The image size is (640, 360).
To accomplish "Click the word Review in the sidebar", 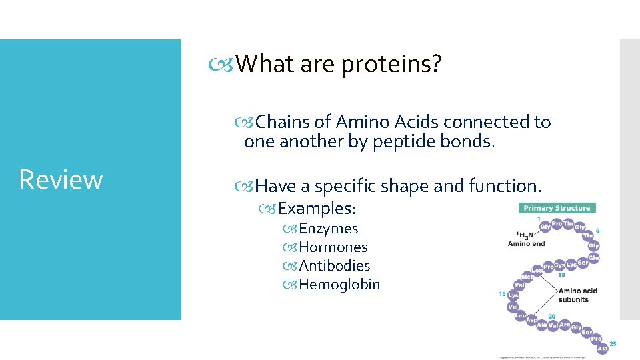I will (x=61, y=179).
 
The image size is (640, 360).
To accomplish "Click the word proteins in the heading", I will (x=391, y=65).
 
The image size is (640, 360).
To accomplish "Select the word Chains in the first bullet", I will (x=283, y=122).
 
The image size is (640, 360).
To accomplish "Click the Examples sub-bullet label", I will (x=317, y=209).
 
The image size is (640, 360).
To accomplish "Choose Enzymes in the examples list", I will (x=329, y=229).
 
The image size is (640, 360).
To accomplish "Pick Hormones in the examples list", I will (x=333, y=247).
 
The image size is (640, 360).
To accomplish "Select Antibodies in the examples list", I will (x=335, y=266).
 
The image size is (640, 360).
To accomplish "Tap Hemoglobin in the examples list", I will (x=339, y=285).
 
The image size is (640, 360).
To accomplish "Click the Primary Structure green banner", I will (x=557, y=208).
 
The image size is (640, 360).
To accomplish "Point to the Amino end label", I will (x=526, y=243).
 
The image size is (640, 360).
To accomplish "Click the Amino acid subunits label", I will (x=577, y=295).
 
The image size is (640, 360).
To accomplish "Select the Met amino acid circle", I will (x=527, y=275).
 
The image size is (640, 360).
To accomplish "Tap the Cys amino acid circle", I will (x=560, y=265).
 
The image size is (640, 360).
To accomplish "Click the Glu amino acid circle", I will (x=593, y=257).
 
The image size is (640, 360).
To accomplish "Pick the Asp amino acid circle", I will (x=531, y=320).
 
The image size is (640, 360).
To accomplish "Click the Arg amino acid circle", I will (x=564, y=325).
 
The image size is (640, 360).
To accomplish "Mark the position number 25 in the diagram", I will (x=613, y=344).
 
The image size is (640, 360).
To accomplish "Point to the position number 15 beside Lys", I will (x=502, y=294).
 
